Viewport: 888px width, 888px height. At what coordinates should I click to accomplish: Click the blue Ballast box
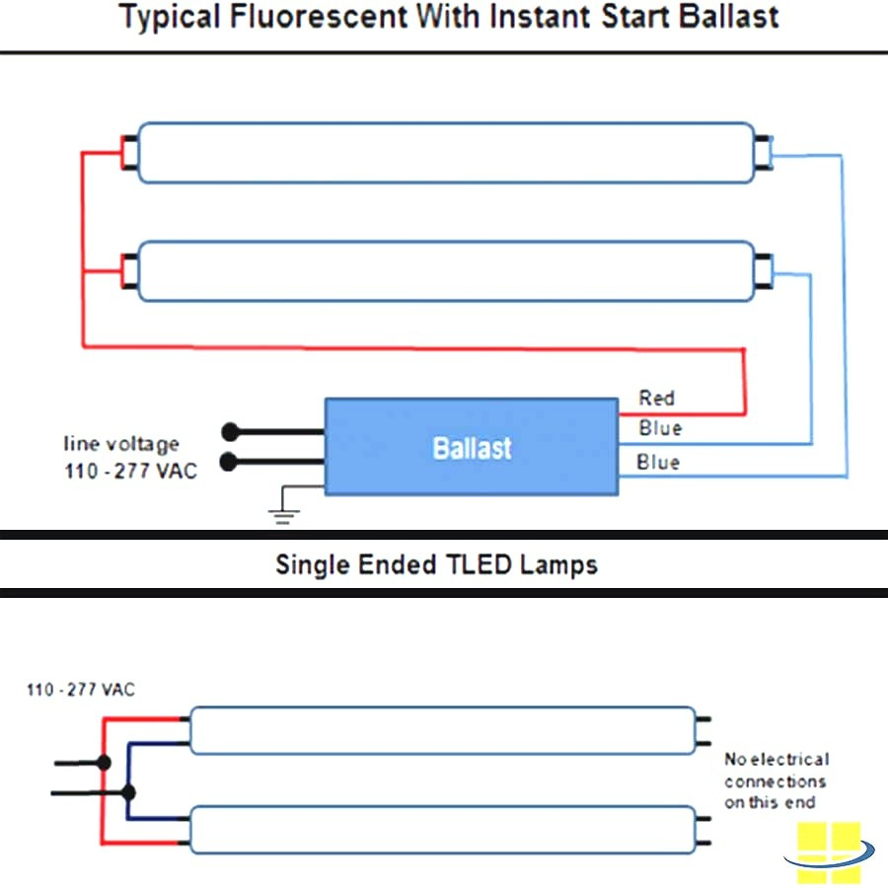472,447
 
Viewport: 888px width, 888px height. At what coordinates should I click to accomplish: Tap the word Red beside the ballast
656,399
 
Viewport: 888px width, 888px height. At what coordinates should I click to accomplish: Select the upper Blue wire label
659,428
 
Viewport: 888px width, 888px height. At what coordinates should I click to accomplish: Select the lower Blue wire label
658,462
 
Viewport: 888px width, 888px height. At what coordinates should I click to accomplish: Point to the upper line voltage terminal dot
230,431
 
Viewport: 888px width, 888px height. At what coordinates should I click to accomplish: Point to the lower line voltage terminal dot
230,461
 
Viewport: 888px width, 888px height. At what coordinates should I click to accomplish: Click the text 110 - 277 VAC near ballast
130,471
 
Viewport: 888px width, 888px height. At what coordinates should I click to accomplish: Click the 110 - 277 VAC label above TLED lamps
81,690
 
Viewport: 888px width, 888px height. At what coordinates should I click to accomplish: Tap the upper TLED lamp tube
442,730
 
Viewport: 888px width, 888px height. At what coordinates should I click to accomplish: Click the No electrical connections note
777,780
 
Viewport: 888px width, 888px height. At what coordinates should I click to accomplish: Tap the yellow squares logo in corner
829,851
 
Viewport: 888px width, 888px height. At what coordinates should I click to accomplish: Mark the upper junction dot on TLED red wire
104,763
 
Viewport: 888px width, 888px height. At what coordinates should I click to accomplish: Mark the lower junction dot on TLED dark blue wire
128,791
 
